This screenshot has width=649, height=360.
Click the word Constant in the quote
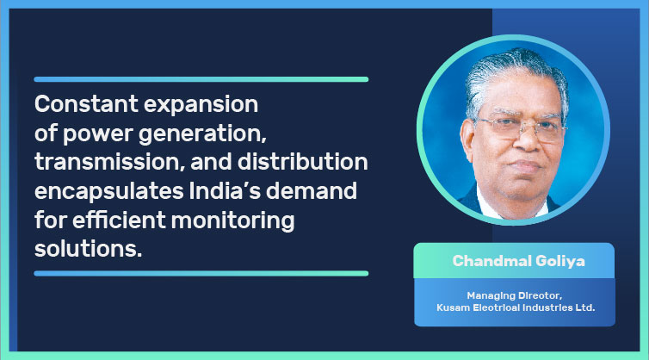(x=86, y=103)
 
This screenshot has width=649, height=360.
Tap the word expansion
(x=201, y=105)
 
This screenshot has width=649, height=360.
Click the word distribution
(x=303, y=162)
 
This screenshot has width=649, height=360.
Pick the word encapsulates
(x=108, y=192)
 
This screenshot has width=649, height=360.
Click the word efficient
(x=119, y=220)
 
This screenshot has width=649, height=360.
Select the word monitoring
(x=232, y=220)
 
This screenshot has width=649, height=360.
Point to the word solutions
(x=88, y=249)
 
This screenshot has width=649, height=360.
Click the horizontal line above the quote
(x=201, y=79)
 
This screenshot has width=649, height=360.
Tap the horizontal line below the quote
(x=201, y=273)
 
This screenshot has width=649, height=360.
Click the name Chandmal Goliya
(x=518, y=261)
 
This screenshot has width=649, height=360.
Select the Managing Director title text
(x=515, y=295)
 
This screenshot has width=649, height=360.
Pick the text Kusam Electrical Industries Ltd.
(x=516, y=307)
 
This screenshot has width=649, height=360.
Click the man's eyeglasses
(x=521, y=129)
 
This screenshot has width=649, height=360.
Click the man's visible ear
(x=467, y=139)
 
